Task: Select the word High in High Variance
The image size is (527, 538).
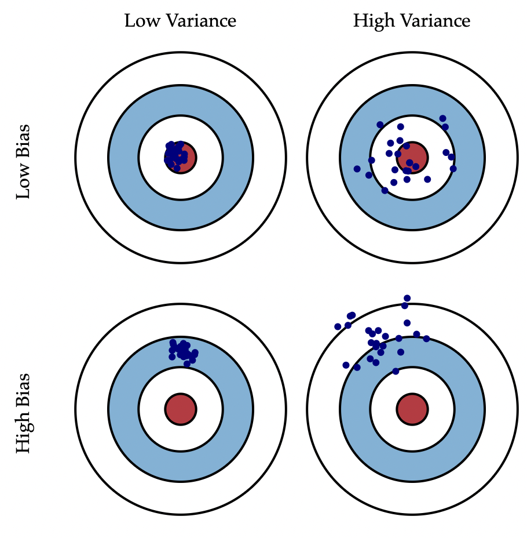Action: [372, 21]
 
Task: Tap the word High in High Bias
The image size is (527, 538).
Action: [23, 435]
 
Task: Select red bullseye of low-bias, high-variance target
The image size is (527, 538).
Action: [413, 157]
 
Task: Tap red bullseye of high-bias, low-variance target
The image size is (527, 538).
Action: [181, 409]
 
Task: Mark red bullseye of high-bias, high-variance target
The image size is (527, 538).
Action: [412, 409]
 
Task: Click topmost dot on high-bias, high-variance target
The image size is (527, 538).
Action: [407, 298]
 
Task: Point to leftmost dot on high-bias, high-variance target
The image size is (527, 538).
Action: [338, 326]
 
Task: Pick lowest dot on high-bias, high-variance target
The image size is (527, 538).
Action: [396, 371]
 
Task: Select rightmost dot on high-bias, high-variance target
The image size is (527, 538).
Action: [426, 339]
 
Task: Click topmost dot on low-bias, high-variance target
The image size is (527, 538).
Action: [442, 118]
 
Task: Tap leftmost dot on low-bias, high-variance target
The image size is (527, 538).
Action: [357, 169]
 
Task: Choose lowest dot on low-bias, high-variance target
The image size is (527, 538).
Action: [385, 190]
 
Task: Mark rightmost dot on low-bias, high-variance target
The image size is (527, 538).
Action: [453, 169]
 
